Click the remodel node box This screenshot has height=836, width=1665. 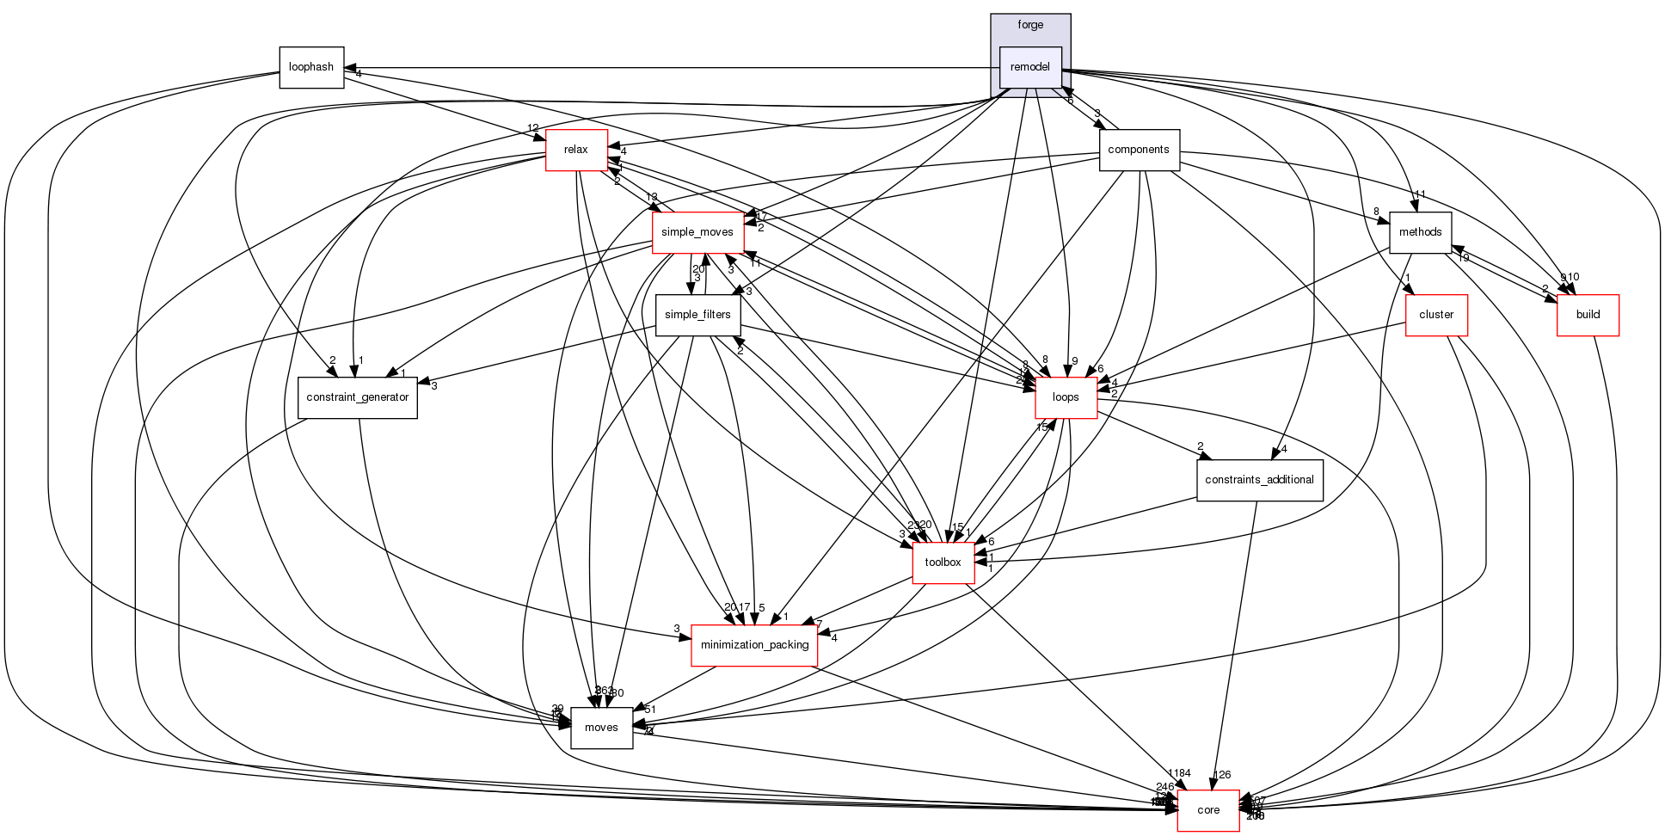[x=1030, y=67]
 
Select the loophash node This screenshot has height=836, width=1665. [x=311, y=67]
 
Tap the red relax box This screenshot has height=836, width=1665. [x=576, y=150]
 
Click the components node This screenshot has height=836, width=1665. [x=1139, y=150]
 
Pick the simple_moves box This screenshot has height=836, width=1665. [x=697, y=232]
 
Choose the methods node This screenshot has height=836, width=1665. [x=1420, y=232]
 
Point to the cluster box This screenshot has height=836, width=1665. [x=1436, y=315]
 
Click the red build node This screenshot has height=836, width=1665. [x=1588, y=315]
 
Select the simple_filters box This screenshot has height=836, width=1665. [x=697, y=315]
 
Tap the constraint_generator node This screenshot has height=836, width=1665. [x=358, y=397]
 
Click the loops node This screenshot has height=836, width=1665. [x=1066, y=397]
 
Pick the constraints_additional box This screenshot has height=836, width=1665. [x=1259, y=480]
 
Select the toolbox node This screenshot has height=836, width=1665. [x=943, y=562]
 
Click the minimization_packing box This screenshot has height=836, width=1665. [x=754, y=645]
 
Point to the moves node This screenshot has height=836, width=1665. [x=601, y=728]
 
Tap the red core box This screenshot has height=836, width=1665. [x=1208, y=810]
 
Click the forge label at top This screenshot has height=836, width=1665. [x=1030, y=25]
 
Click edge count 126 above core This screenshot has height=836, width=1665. [x=1222, y=775]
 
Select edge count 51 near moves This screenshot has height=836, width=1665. [x=650, y=710]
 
